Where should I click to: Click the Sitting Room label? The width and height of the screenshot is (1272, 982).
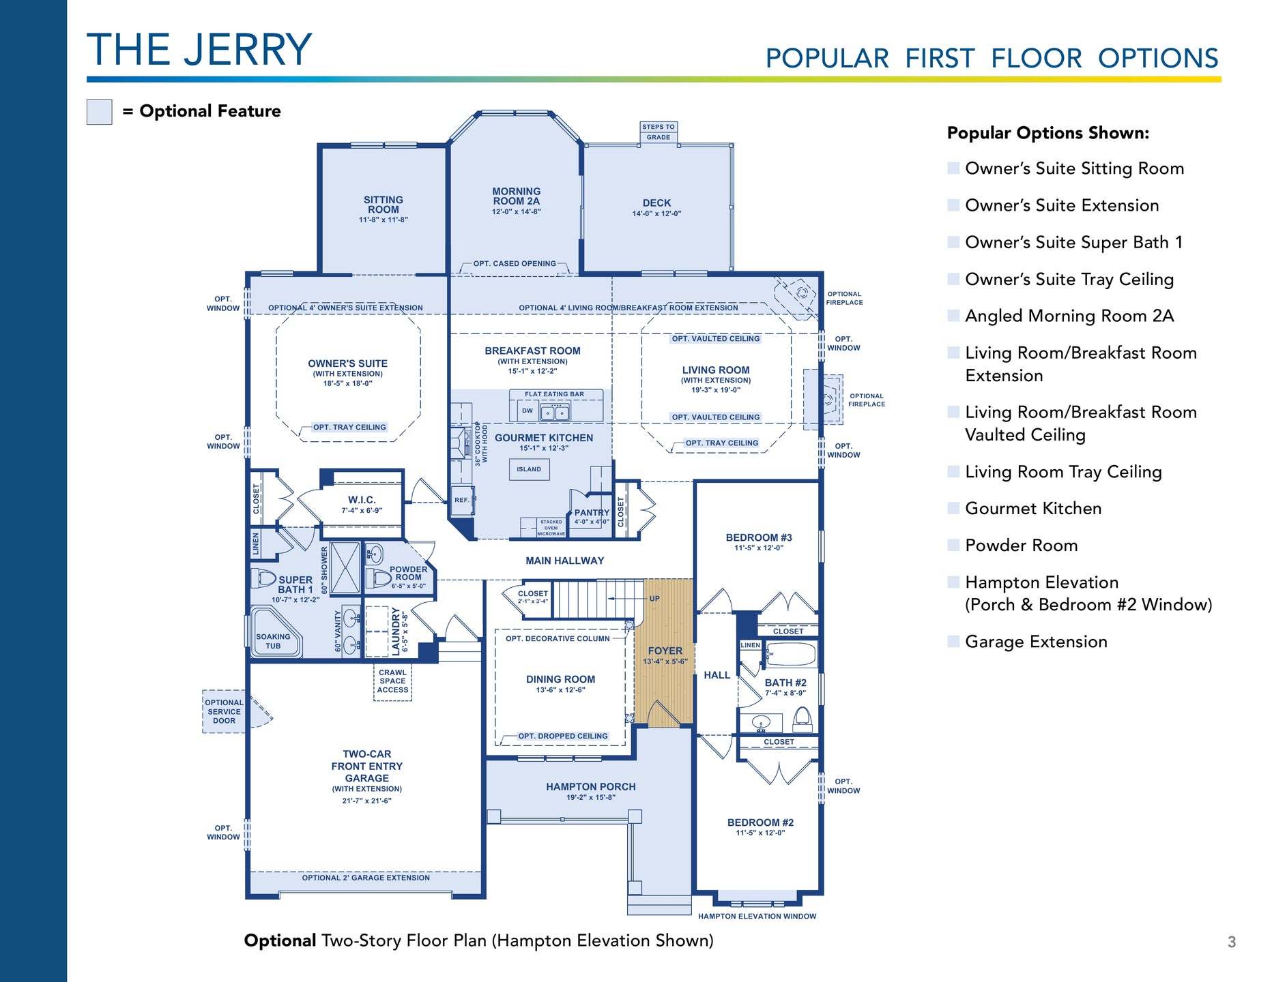(384, 205)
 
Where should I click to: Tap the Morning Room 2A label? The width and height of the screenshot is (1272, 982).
(517, 196)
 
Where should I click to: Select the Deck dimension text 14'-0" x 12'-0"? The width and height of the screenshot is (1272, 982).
(656, 213)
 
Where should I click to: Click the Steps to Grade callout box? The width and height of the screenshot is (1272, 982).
(659, 132)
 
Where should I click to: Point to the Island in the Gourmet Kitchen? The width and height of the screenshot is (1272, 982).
(529, 469)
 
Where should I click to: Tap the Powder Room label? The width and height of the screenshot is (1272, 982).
(408, 573)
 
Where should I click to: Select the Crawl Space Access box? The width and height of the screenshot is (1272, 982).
(393, 681)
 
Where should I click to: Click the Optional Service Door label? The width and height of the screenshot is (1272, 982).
(224, 711)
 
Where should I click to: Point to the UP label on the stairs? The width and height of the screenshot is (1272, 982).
(654, 599)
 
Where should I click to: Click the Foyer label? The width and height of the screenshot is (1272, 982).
(665, 651)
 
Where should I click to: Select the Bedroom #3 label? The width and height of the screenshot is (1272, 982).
(759, 537)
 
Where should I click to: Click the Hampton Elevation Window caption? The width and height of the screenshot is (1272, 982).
(757, 916)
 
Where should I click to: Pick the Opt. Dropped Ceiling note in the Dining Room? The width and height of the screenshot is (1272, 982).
(563, 736)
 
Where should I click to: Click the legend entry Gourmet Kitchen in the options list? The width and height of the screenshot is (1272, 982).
(1033, 508)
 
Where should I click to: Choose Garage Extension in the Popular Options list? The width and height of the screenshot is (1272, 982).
(1036, 642)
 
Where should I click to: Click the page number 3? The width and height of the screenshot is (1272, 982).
(1232, 942)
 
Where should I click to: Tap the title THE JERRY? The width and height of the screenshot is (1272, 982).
(199, 50)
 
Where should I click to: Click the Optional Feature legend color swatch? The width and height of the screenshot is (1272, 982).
(99, 112)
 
